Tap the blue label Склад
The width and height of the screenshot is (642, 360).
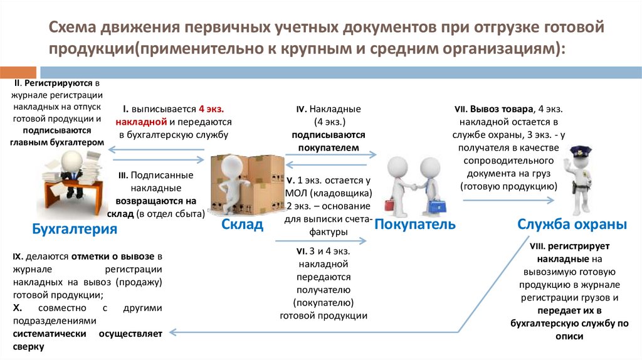pyautogui.click(x=242, y=225)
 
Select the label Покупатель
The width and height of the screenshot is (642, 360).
pyautogui.click(x=414, y=225)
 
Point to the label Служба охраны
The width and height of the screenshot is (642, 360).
pyautogui.click(x=571, y=225)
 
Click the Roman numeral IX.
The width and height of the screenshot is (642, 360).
pyautogui.click(x=18, y=257)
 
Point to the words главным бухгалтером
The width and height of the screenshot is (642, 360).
pyautogui.click(x=56, y=142)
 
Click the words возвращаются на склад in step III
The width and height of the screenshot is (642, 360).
pyautogui.click(x=155, y=208)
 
